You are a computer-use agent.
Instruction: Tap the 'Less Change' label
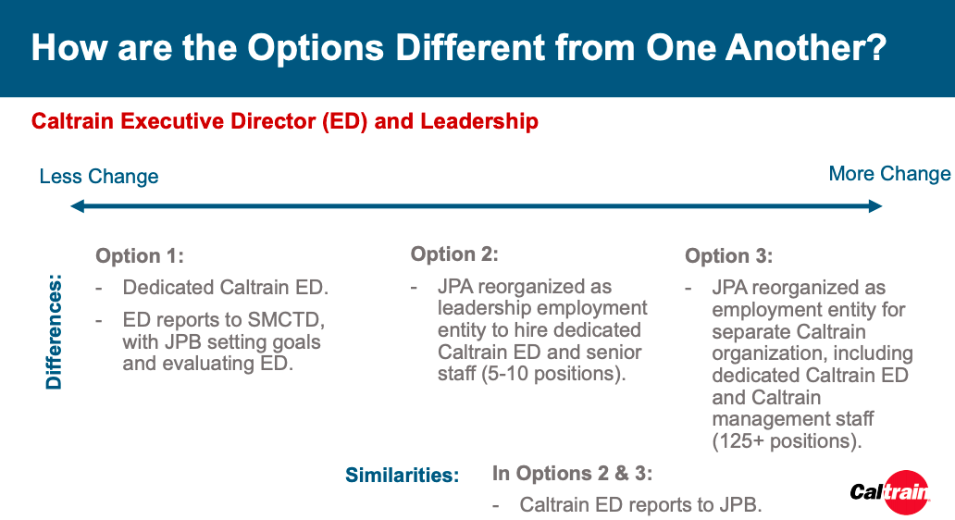point(99,177)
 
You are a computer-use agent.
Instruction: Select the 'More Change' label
point(889,174)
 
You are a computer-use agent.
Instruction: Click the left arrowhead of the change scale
point(77,206)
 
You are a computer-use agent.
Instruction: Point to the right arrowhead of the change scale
point(875,206)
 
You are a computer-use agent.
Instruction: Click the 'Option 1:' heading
point(140,255)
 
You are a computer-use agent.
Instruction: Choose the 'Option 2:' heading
point(454,254)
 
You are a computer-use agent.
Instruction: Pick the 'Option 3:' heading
point(729,255)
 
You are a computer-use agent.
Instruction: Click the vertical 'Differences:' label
point(54,332)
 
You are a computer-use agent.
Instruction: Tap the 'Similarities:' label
point(402,475)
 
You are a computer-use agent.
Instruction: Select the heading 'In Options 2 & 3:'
point(572,473)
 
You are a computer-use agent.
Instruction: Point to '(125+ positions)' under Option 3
point(787,440)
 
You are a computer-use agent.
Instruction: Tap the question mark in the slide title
point(875,47)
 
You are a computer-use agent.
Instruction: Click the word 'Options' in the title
point(316,48)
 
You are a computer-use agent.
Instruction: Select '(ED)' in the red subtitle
point(345,121)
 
